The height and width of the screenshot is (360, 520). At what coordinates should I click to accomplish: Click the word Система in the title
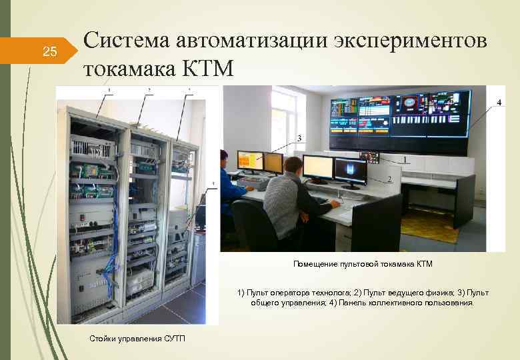(127, 40)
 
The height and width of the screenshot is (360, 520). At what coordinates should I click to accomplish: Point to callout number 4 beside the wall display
(498, 101)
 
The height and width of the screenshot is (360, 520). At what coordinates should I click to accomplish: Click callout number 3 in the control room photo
(299, 138)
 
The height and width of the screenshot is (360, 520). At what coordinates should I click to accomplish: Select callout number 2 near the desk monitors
(389, 179)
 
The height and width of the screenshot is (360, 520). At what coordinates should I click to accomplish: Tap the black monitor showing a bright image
(350, 171)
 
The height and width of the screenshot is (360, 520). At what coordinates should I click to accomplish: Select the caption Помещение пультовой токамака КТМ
(363, 264)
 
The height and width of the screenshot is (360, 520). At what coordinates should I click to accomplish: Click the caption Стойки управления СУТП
(137, 339)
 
